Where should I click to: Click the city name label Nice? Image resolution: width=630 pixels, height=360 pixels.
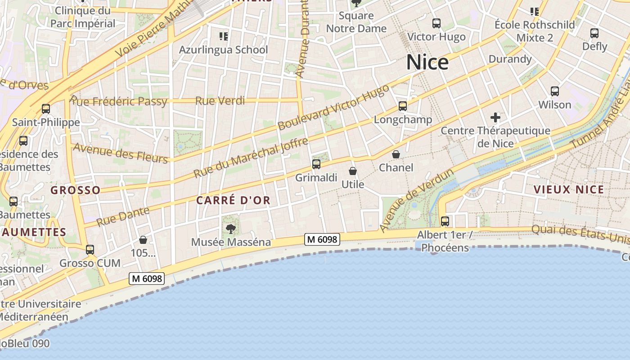(x=427, y=62)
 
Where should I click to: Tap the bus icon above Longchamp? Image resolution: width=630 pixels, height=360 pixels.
(x=402, y=106)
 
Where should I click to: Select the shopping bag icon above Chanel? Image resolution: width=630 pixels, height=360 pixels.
(x=396, y=155)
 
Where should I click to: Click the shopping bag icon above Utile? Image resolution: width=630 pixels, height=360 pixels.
(x=353, y=171)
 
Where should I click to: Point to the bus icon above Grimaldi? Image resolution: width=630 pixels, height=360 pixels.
(x=316, y=164)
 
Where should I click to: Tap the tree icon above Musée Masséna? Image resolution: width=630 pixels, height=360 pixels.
(x=231, y=229)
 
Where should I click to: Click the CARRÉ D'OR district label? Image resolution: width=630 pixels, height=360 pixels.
(x=234, y=201)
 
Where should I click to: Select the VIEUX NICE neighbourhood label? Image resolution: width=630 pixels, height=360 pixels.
(x=569, y=189)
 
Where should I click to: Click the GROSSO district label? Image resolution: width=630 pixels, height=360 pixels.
(x=76, y=190)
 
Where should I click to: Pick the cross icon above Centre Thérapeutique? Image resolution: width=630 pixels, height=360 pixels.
(x=495, y=118)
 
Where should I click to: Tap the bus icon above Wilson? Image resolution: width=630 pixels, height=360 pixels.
(x=555, y=91)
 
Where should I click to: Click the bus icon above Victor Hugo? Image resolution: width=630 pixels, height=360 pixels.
(x=436, y=23)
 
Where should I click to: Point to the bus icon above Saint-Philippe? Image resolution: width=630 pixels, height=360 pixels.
(x=46, y=109)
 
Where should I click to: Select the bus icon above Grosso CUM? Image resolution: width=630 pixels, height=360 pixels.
(x=90, y=250)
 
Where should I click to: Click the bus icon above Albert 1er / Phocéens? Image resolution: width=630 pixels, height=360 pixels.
(x=445, y=221)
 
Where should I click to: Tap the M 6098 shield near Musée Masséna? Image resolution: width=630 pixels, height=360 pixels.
(x=321, y=239)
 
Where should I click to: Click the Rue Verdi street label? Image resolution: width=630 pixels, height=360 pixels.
(x=220, y=100)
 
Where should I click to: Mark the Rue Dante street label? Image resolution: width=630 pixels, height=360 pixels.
(x=122, y=216)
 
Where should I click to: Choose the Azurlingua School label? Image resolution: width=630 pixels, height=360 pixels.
(x=223, y=49)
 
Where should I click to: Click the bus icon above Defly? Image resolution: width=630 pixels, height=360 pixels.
(x=594, y=33)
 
